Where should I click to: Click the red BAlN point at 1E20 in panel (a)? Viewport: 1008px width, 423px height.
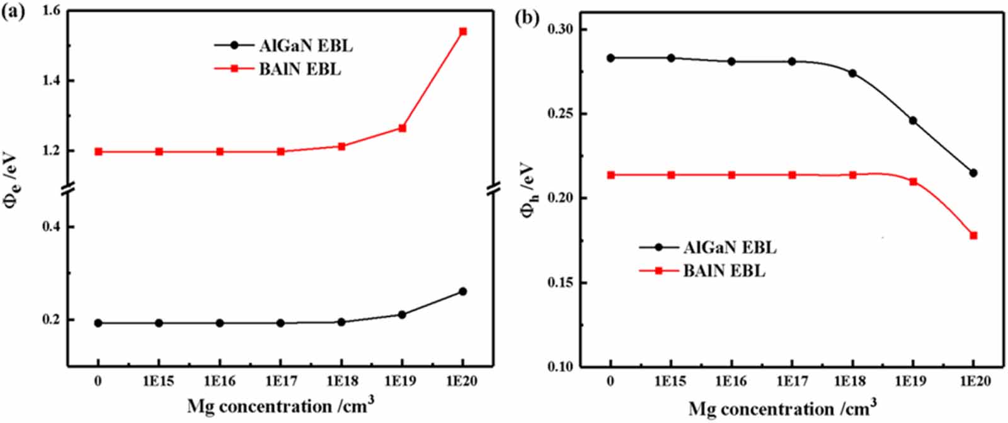pyautogui.click(x=463, y=32)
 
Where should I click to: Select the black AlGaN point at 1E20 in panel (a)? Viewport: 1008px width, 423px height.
pyautogui.click(x=463, y=291)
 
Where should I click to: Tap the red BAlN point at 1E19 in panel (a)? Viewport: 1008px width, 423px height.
pyautogui.click(x=403, y=128)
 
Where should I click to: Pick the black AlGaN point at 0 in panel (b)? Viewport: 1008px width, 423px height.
pyautogui.click(x=610, y=58)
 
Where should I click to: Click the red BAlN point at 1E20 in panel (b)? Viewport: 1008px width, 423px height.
pyautogui.click(x=973, y=236)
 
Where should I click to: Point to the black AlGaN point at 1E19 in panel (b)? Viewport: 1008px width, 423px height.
pyautogui.click(x=913, y=120)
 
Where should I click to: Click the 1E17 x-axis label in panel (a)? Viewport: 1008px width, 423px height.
pyautogui.click(x=280, y=381)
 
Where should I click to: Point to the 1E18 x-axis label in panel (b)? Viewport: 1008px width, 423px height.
pyautogui.click(x=852, y=381)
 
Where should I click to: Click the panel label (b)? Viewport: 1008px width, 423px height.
pyautogui.click(x=527, y=17)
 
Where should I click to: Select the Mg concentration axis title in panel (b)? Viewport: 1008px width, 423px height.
pyautogui.click(x=782, y=409)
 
